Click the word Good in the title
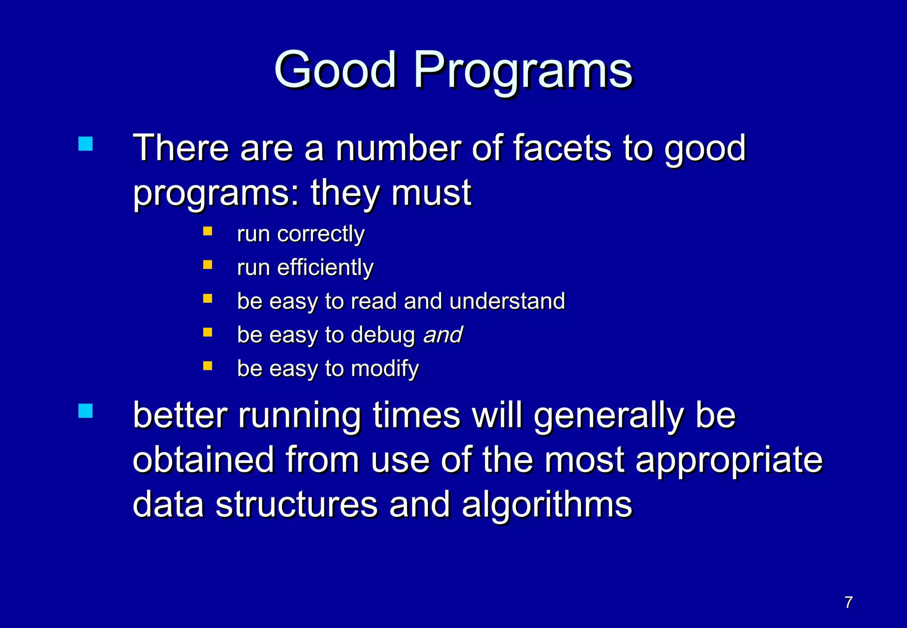[x=335, y=70]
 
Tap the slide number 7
[x=849, y=602]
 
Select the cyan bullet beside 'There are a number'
[x=85, y=144]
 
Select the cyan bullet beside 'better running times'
[x=85, y=411]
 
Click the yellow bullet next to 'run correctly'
[x=208, y=231]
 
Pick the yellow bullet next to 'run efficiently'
[x=208, y=265]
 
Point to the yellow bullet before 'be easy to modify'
[x=208, y=366]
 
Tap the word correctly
[x=321, y=234]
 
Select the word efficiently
[x=325, y=267]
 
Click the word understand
[x=507, y=301]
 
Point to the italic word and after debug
[x=443, y=335]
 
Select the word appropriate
[x=729, y=461]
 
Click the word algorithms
[x=547, y=505]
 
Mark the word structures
[x=296, y=505]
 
